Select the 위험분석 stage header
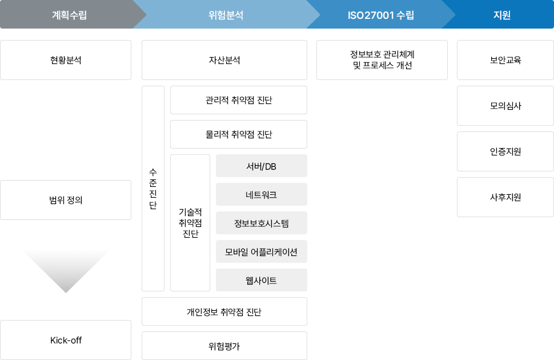coord(226,15)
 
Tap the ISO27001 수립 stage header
coord(380,15)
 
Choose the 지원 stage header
coord(501,15)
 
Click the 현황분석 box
coord(66,59)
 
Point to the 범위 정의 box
coord(66,200)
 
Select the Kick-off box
coord(66,340)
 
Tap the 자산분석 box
coord(224,59)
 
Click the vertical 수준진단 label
coord(152,189)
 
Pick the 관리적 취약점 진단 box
coord(239,100)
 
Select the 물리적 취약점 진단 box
coord(239,134)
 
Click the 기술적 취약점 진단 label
coord(190,223)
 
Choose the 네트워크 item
coord(261,194)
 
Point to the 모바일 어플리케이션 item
coord(261,251)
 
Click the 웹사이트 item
coord(261,280)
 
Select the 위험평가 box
coord(224,346)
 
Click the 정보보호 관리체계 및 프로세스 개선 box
coord(383,59)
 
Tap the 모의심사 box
coord(505,106)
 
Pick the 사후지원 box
coord(505,197)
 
